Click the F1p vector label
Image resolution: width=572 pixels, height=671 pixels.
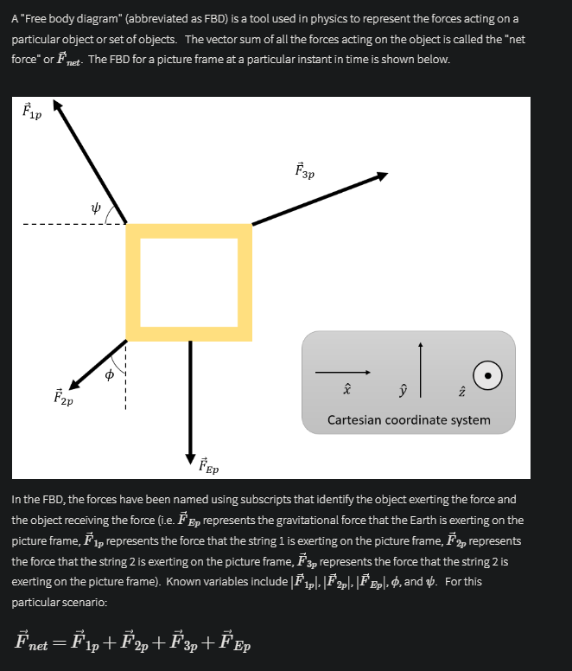(x=30, y=112)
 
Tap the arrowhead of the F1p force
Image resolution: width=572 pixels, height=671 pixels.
(x=59, y=105)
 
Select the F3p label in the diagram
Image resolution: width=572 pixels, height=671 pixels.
(x=304, y=170)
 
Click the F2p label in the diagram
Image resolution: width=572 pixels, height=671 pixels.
(x=63, y=399)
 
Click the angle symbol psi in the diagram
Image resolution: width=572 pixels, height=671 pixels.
(x=98, y=207)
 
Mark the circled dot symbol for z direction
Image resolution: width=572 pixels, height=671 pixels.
(x=488, y=376)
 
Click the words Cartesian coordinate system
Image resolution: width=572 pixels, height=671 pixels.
(x=409, y=420)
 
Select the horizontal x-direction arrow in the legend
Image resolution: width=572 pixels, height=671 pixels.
(x=342, y=373)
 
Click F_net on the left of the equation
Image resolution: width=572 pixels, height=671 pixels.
(x=37, y=643)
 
